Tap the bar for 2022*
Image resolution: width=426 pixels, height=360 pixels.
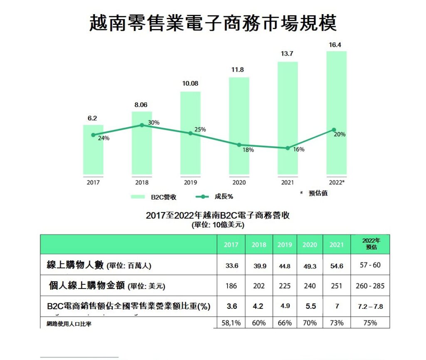pyautogui.click(x=337, y=112)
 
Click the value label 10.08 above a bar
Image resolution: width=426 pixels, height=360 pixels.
pyautogui.click(x=190, y=84)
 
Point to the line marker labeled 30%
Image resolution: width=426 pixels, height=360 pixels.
pyautogui.click(x=142, y=125)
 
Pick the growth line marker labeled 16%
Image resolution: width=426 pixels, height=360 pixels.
pyautogui.click(x=287, y=148)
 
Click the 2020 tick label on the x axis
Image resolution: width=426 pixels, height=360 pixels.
pyautogui.click(x=239, y=182)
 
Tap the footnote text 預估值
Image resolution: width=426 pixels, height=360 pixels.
pyautogui.click(x=318, y=193)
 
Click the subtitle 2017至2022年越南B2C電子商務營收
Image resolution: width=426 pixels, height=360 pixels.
pyautogui.click(x=218, y=216)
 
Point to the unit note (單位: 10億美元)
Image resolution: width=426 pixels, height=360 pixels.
pyautogui.click(x=218, y=225)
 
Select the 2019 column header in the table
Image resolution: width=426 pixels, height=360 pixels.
pyautogui.click(x=285, y=245)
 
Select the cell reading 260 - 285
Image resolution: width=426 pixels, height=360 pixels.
pyautogui.click(x=370, y=286)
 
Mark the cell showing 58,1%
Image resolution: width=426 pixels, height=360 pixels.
pyautogui.click(x=230, y=323)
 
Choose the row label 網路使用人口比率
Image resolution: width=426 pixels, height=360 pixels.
pyautogui.click(x=69, y=324)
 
